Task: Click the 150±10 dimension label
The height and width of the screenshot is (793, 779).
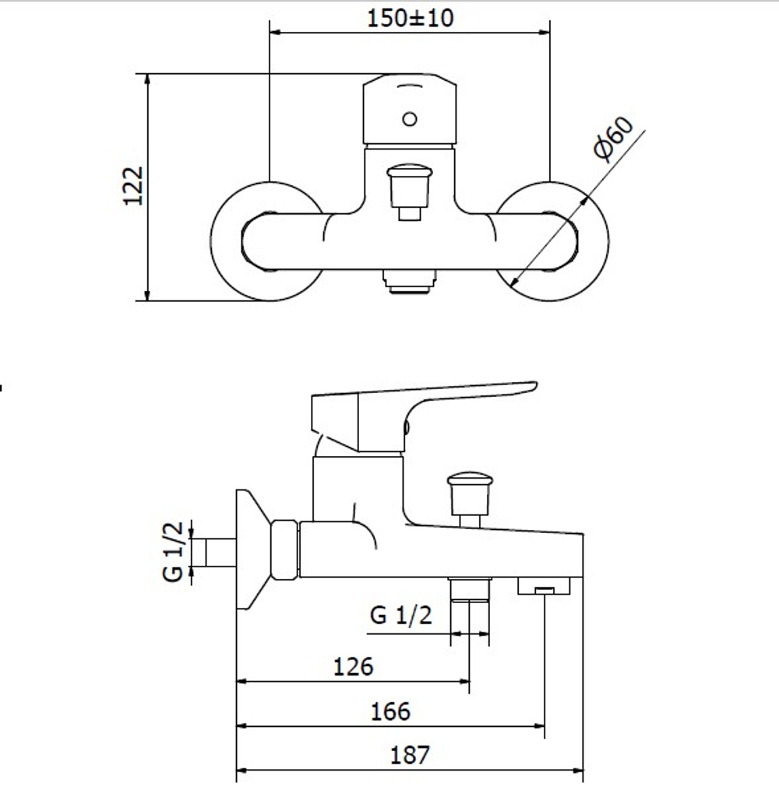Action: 410,18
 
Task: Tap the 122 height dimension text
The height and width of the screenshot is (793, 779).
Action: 134,186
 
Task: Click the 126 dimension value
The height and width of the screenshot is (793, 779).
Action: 354,667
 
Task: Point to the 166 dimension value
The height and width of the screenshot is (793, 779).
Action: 390,711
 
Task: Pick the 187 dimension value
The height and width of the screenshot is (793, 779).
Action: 410,755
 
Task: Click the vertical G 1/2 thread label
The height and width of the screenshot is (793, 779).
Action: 173,552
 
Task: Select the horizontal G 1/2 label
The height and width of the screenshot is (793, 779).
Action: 401,615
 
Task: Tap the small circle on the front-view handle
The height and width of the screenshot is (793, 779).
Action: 410,119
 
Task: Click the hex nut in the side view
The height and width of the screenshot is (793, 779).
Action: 284,549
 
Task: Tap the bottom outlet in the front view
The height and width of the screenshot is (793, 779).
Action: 410,282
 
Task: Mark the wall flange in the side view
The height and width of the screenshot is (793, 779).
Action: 253,549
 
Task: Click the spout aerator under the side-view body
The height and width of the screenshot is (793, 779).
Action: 544,586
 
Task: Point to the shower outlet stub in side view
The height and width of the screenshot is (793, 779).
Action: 470,589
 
